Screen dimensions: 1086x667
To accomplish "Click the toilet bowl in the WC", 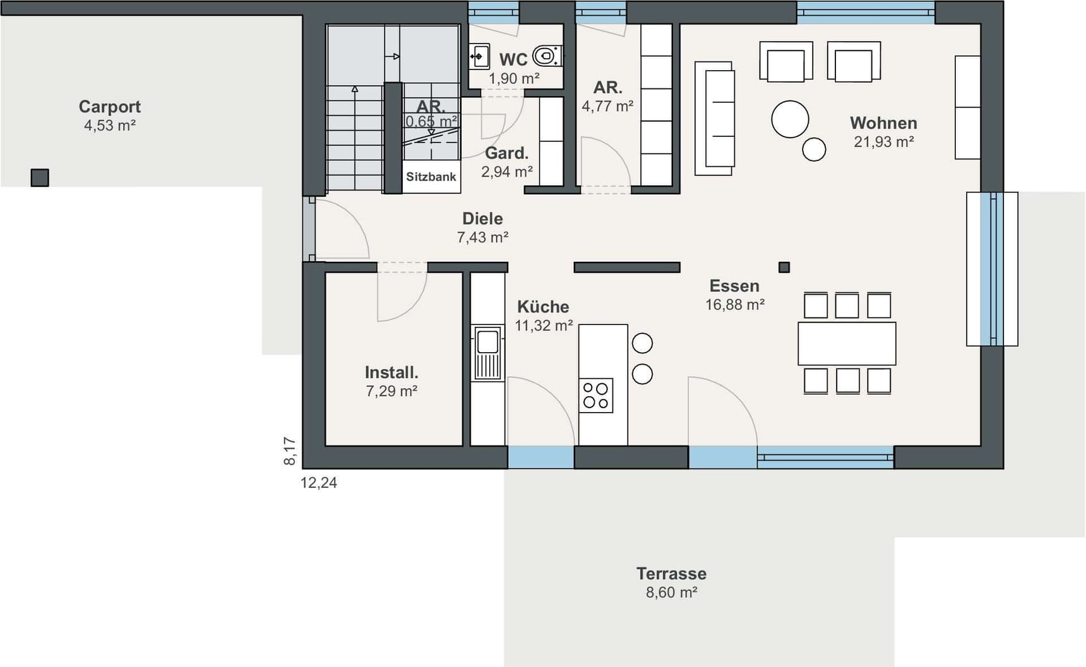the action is pyautogui.click(x=547, y=56).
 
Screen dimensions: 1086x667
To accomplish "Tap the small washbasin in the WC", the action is pyautogui.click(x=479, y=56).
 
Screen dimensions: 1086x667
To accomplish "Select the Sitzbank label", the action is pyautogui.click(x=431, y=177).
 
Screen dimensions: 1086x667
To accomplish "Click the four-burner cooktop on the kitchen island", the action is pyautogui.click(x=596, y=396).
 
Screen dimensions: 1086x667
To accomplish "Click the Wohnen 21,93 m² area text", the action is pyautogui.click(x=884, y=142).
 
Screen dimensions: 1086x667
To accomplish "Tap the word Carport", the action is pyautogui.click(x=110, y=107).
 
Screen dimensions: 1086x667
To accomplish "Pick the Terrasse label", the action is pyautogui.click(x=671, y=574).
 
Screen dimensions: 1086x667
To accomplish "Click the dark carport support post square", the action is pyautogui.click(x=40, y=178).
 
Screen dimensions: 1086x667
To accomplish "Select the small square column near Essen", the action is pyautogui.click(x=784, y=268).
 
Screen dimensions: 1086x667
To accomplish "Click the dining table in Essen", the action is pyautogui.click(x=847, y=343).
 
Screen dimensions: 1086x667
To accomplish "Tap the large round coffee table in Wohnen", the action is pyautogui.click(x=790, y=119).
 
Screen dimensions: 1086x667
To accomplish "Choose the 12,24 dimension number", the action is pyautogui.click(x=319, y=483).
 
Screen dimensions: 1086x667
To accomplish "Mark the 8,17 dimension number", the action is pyautogui.click(x=290, y=451).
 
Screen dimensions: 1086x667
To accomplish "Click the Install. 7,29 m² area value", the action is pyautogui.click(x=391, y=391).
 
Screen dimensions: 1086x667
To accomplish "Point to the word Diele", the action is pyautogui.click(x=482, y=219).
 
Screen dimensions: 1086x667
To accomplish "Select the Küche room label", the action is pyautogui.click(x=543, y=307).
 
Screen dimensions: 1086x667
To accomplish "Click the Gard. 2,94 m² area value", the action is pyautogui.click(x=507, y=172).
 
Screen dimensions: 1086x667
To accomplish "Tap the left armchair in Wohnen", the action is pyautogui.click(x=786, y=62).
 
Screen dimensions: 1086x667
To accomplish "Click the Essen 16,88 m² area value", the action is pyautogui.click(x=735, y=305).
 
